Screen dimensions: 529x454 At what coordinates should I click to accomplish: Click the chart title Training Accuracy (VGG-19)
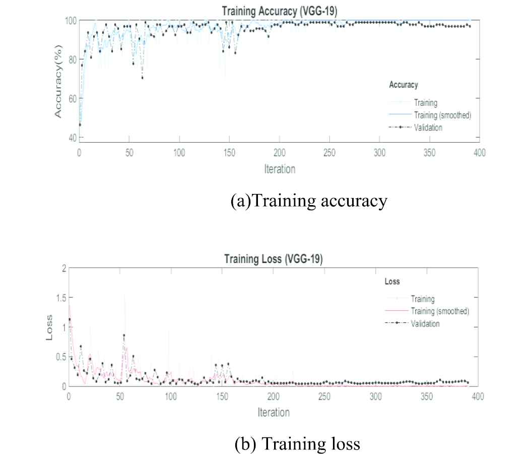[x=279, y=11]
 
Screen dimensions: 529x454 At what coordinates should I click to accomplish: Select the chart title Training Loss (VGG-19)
[x=274, y=259]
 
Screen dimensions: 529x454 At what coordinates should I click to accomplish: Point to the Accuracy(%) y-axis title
[x=58, y=81]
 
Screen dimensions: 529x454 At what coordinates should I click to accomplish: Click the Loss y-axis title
[x=49, y=328]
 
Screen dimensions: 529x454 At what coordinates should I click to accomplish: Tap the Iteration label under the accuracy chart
[x=280, y=169]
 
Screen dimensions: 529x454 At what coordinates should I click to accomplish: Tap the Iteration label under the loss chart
[x=274, y=412]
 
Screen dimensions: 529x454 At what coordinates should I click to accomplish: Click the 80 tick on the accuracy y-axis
[x=73, y=60]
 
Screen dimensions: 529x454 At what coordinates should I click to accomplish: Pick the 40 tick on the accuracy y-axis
[x=73, y=138]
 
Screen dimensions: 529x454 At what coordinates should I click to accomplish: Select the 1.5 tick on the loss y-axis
[x=61, y=298]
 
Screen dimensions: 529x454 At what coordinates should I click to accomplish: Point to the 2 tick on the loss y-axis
[x=64, y=269]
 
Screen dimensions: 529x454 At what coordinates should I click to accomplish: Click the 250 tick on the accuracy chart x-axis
[x=329, y=153]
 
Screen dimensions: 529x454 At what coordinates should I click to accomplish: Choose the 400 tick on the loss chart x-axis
[x=478, y=396]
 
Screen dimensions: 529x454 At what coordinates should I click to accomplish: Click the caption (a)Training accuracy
[x=309, y=201]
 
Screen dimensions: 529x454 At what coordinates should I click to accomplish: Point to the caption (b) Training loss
[x=297, y=443]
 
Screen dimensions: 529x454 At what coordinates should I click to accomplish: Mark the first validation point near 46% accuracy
[x=80, y=125]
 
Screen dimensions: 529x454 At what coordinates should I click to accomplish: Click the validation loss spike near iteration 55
[x=124, y=336]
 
